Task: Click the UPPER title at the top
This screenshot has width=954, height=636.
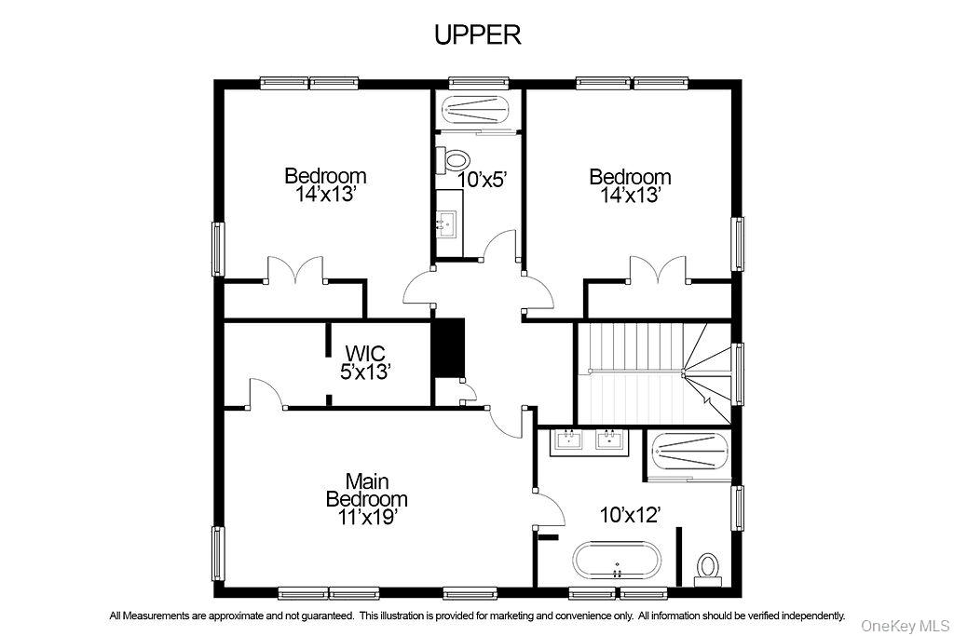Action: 477,34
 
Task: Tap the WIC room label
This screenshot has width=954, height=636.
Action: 364,353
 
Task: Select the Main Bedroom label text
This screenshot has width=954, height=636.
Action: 366,490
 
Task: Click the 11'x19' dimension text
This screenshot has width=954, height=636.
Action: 366,517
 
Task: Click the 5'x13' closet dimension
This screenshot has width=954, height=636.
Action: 364,371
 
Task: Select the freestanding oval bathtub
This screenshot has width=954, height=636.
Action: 617,562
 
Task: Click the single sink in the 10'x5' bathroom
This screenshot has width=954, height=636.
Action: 448,222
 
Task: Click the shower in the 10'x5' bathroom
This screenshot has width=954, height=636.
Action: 476,110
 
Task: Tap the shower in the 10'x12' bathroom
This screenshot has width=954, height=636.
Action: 690,455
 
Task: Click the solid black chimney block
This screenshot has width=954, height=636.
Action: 451,348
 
